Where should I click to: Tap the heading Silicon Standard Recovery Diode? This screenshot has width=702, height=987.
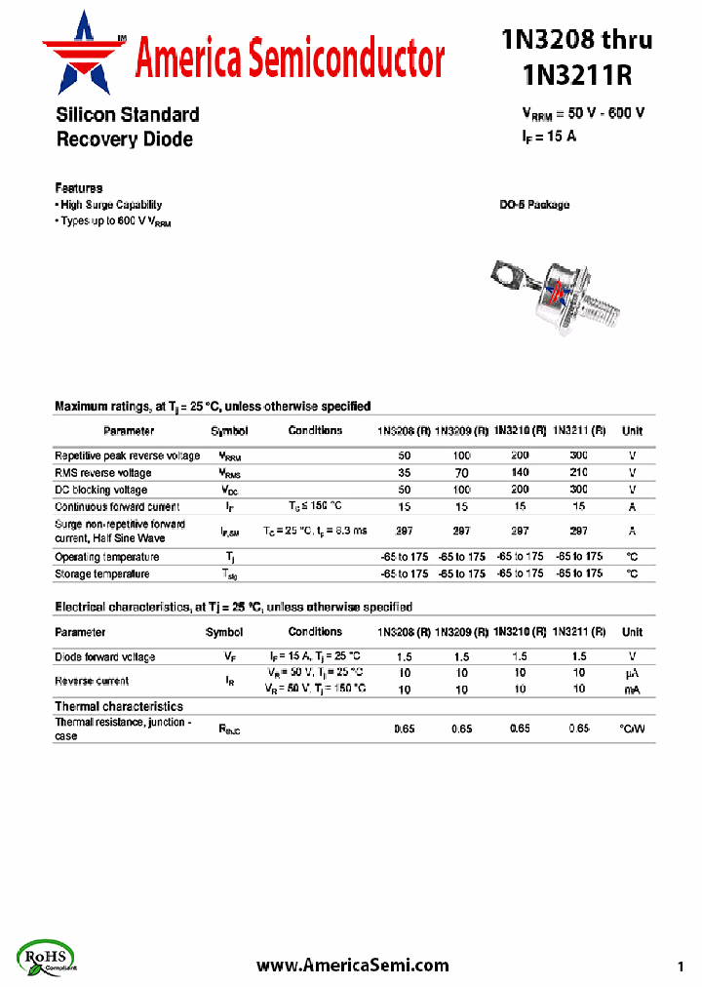pyautogui.click(x=127, y=127)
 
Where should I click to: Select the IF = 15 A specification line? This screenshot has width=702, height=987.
pyautogui.click(x=549, y=137)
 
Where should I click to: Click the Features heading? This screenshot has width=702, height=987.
pyautogui.click(x=79, y=187)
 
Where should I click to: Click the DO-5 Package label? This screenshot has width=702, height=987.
pyautogui.click(x=534, y=205)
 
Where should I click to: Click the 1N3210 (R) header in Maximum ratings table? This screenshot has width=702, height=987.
pyautogui.click(x=520, y=430)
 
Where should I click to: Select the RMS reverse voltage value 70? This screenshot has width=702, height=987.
pyautogui.click(x=462, y=473)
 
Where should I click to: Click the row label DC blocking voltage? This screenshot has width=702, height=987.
pyautogui.click(x=101, y=490)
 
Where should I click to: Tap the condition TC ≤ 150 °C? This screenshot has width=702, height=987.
pyautogui.click(x=315, y=506)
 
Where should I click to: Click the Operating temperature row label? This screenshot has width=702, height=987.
pyautogui.click(x=107, y=557)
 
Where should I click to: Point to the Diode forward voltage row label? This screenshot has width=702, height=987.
pyautogui.click(x=104, y=656)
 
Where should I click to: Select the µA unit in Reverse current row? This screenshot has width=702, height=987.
pyautogui.click(x=632, y=673)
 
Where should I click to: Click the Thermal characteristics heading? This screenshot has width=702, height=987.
pyautogui.click(x=118, y=706)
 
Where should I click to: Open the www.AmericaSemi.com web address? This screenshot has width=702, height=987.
pyautogui.click(x=353, y=965)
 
